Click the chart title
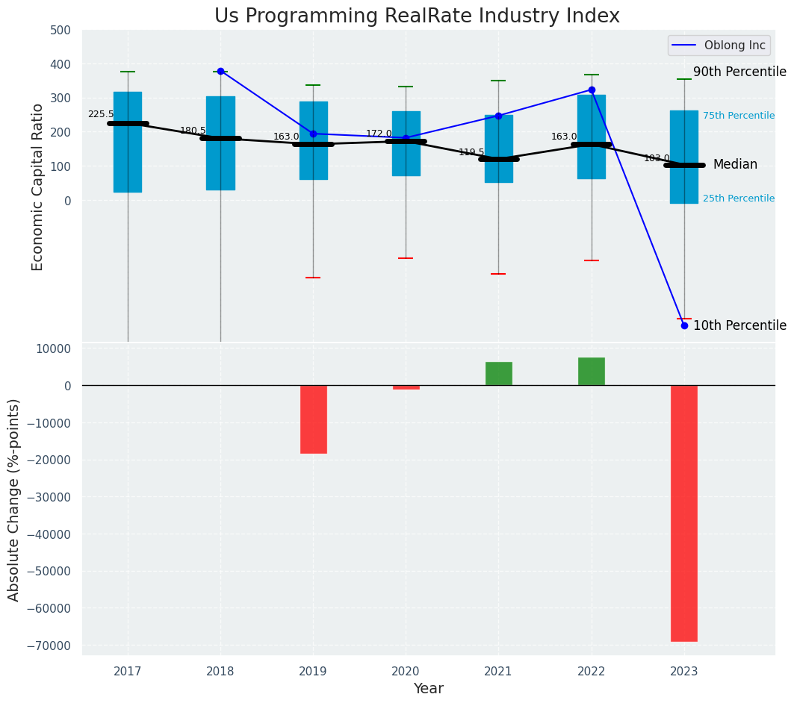[417, 16]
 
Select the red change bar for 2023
[684, 513]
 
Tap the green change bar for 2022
[592, 372]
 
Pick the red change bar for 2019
[313, 419]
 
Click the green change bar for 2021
[499, 374]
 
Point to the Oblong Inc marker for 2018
[220, 71]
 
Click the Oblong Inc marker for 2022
[592, 90]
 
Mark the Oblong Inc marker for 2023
[684, 325]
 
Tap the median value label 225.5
[101, 115]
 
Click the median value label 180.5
[193, 131]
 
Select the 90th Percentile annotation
[739, 72]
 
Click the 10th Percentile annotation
[739, 325]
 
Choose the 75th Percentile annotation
[738, 116]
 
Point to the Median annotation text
[735, 165]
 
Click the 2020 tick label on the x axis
[406, 672]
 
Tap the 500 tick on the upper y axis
[61, 31]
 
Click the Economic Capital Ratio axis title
[38, 187]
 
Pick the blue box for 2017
[128, 142]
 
